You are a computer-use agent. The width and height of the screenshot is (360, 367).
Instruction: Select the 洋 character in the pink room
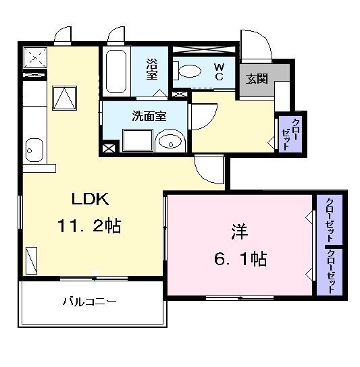coord(238,232)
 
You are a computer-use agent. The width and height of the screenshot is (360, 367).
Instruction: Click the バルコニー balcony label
coord(91,302)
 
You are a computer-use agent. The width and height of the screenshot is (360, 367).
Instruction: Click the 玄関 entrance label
coord(257,79)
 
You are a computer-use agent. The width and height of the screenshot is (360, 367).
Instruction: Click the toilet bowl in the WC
coord(189,71)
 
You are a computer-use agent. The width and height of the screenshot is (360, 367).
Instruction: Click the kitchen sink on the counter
coord(33,148)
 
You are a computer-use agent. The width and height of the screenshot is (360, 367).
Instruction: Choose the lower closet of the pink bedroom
coord(329,271)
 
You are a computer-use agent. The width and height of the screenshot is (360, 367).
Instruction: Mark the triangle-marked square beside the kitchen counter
coord(64,97)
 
